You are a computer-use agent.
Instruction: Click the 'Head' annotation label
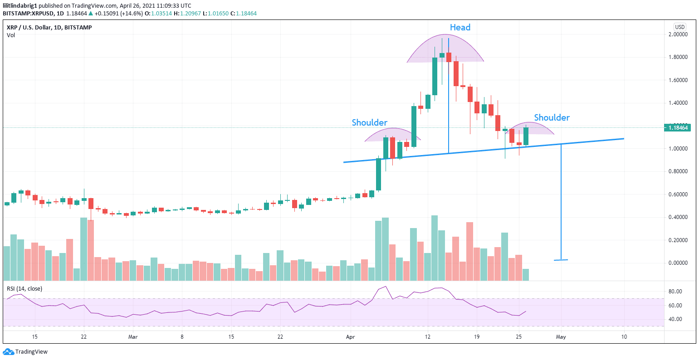(x=460, y=28)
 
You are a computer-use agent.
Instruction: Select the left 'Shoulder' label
(x=370, y=123)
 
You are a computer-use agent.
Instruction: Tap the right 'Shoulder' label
(x=552, y=118)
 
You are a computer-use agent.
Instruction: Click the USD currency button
(x=679, y=27)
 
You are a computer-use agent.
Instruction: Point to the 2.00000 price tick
(x=678, y=34)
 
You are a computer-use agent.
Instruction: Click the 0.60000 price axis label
(x=678, y=195)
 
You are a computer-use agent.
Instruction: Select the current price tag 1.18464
(x=678, y=128)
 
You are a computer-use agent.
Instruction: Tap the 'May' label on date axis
(x=561, y=337)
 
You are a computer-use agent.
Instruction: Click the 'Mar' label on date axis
(x=133, y=337)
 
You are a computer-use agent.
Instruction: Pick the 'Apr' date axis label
(x=350, y=337)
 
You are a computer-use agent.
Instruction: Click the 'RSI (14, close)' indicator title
(x=24, y=289)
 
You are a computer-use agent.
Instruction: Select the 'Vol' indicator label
(x=11, y=35)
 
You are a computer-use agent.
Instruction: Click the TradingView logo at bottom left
(x=25, y=352)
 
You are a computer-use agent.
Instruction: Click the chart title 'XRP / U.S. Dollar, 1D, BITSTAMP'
(x=49, y=28)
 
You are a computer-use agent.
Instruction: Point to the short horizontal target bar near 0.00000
(x=561, y=260)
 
